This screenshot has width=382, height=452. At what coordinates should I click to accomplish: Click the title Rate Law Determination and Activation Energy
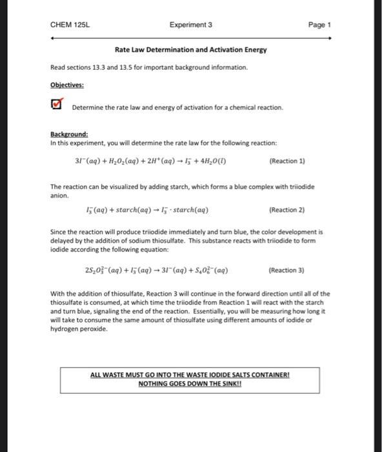(x=190, y=50)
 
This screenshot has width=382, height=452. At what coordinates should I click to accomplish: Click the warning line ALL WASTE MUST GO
(x=190, y=375)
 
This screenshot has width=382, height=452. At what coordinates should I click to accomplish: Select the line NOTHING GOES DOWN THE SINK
(x=190, y=384)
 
